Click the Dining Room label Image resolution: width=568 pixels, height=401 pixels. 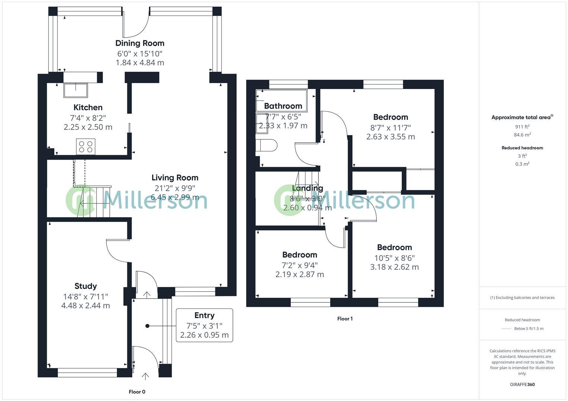[140, 43]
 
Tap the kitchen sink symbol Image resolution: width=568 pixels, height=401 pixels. [76, 90]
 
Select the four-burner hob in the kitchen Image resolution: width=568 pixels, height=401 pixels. [86, 146]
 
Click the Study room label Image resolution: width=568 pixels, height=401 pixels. [86, 286]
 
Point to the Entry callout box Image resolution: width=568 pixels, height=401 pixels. [204, 325]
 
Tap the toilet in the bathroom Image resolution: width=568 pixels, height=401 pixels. [267, 145]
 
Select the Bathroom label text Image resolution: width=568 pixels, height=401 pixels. [283, 106]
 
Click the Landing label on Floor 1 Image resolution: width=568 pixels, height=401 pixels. [308, 188]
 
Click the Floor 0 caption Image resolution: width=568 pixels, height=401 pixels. [137, 392]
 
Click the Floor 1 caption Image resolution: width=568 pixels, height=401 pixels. [345, 319]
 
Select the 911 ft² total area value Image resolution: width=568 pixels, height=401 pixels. [522, 127]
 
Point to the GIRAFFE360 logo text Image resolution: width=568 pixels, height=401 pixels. [522, 385]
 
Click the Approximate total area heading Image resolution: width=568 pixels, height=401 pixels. [522, 117]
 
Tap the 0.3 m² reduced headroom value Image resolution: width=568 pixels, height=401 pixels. [522, 164]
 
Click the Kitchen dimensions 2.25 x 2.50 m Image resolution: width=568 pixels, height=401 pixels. [88, 127]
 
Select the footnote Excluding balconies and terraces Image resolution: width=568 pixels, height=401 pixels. [522, 297]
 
